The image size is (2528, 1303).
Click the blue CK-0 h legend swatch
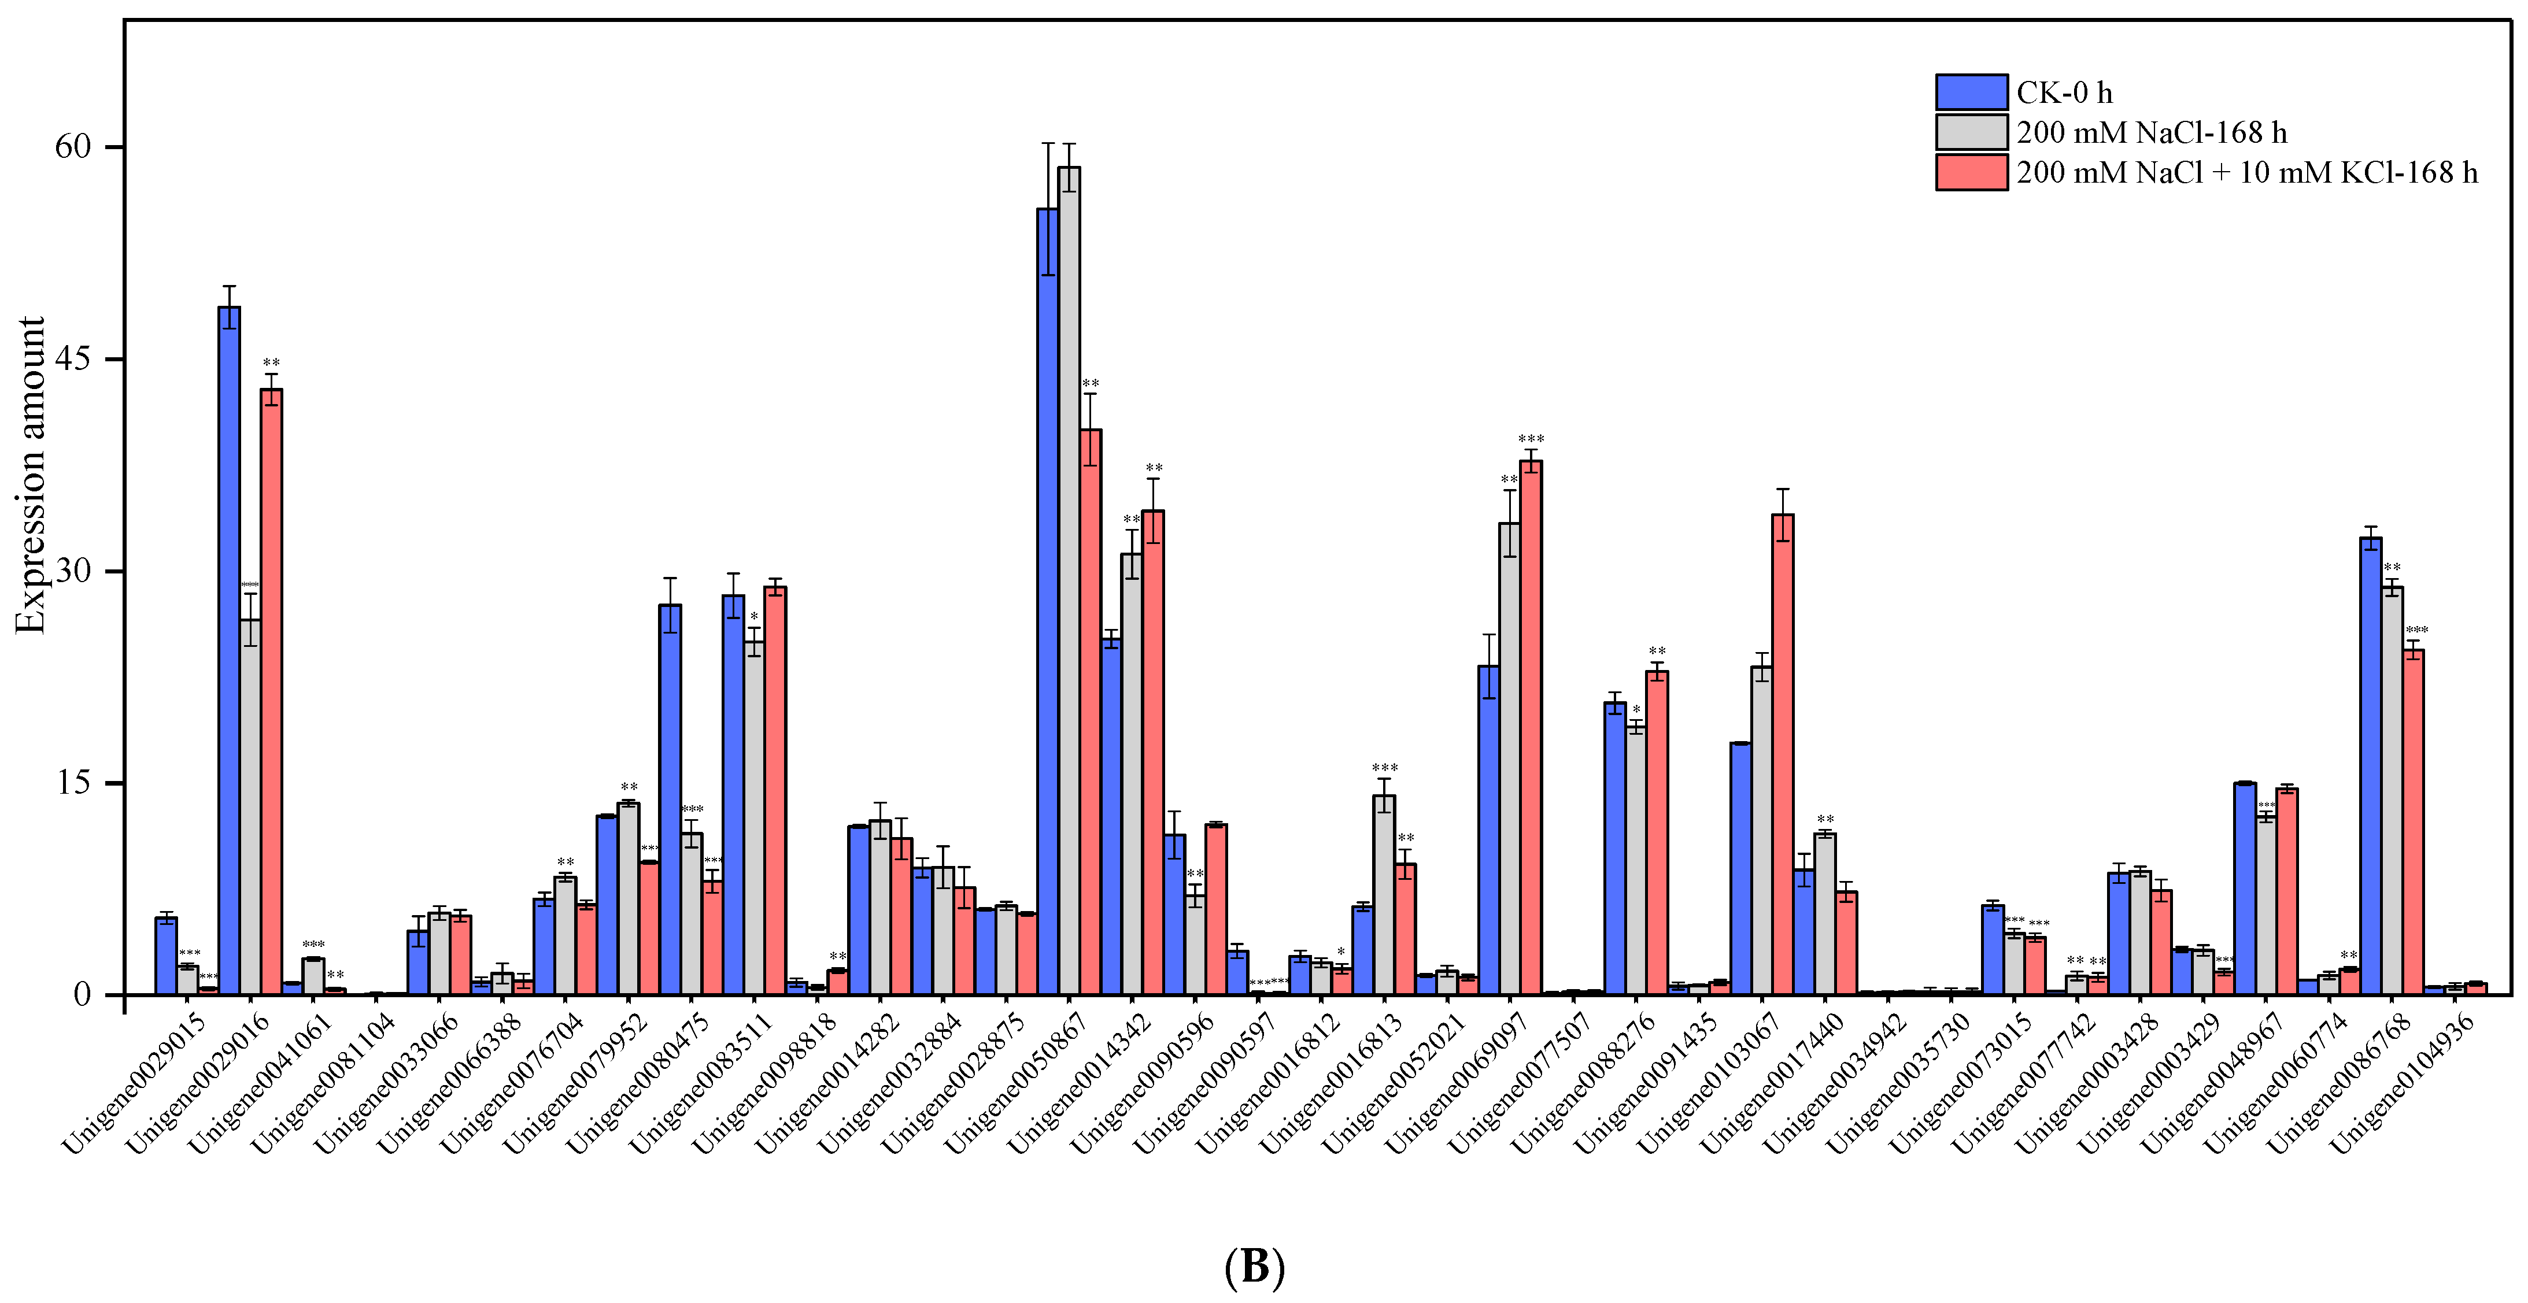click(1971, 92)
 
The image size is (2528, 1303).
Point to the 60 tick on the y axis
click(73, 147)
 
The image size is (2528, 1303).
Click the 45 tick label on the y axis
click(73, 359)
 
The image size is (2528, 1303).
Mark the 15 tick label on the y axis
click(73, 783)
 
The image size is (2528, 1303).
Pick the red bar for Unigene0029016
click(271, 692)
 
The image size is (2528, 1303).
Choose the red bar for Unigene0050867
click(1091, 712)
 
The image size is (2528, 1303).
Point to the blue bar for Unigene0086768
click(2370, 765)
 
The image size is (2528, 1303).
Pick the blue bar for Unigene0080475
click(670, 799)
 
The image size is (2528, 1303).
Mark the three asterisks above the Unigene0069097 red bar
click(1531, 439)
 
